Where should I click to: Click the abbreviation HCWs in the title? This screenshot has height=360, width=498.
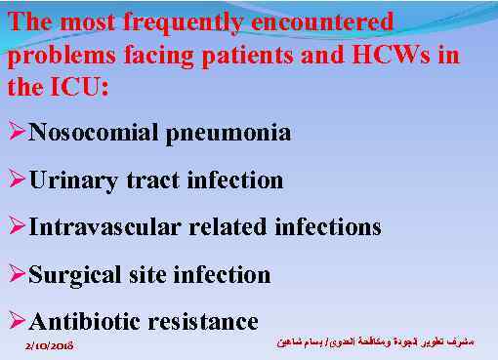[x=387, y=54]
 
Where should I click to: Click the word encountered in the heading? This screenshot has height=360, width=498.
[x=326, y=21]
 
